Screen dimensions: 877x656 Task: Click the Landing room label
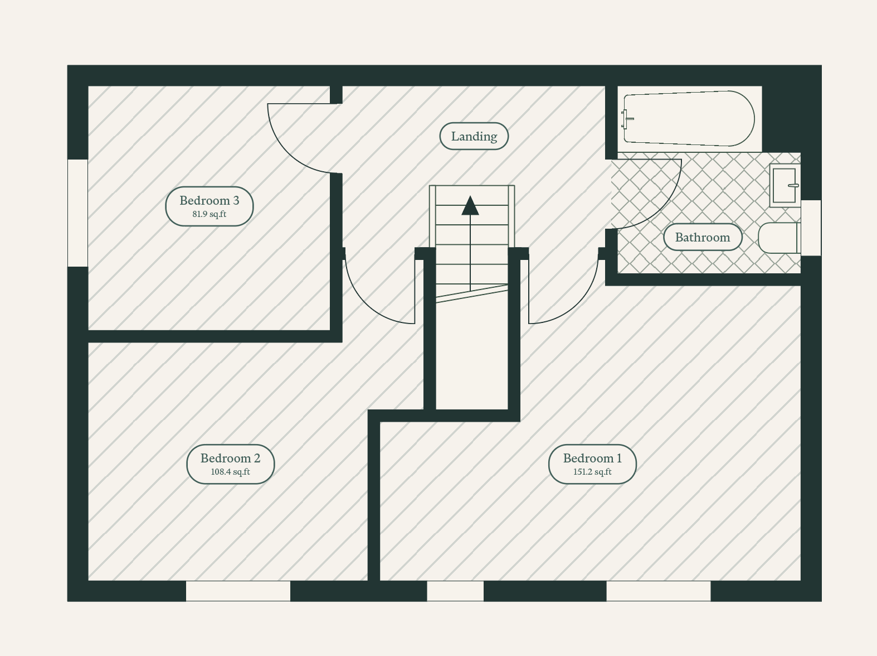(x=474, y=137)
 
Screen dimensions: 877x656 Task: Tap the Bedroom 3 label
(x=209, y=200)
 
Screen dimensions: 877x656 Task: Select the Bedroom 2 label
(x=230, y=458)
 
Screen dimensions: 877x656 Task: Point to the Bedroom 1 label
(x=592, y=458)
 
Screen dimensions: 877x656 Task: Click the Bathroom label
(x=703, y=237)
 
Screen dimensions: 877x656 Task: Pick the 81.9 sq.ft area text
(x=209, y=214)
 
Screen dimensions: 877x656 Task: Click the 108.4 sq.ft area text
(x=230, y=471)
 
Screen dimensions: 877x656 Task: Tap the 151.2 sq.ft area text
(x=592, y=471)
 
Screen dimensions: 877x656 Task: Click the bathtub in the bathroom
(x=689, y=118)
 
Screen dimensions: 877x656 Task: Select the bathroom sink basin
(x=785, y=186)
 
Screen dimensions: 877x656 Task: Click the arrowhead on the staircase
(x=470, y=205)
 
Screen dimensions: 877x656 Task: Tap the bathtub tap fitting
(x=627, y=119)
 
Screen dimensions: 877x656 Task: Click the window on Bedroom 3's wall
(x=77, y=213)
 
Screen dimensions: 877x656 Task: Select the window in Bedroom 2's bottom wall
(x=238, y=591)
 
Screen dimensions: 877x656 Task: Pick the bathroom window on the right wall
(x=811, y=228)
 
